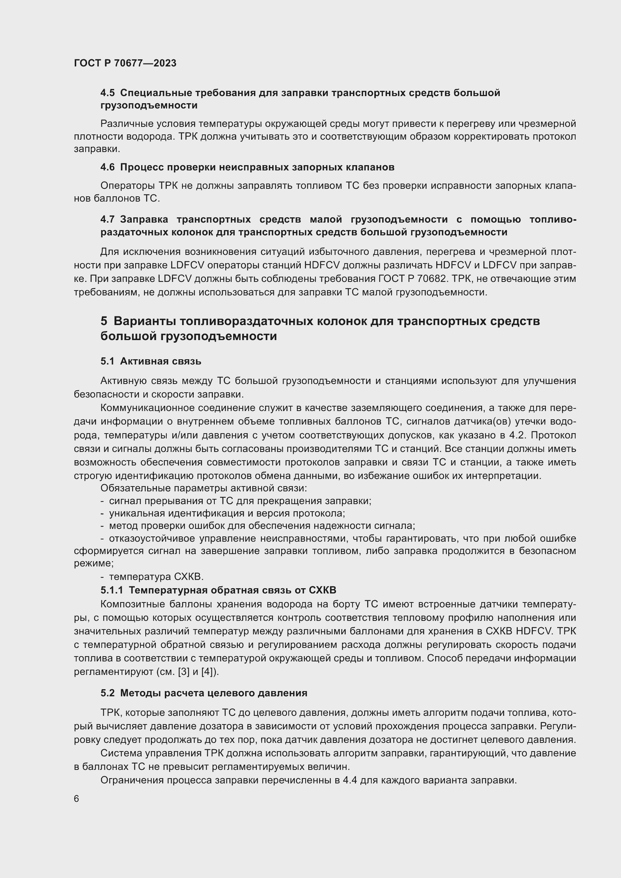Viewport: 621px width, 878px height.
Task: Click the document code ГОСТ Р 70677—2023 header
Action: click(125, 63)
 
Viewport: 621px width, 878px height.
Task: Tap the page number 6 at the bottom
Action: click(77, 798)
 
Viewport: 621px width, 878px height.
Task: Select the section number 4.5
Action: click(107, 93)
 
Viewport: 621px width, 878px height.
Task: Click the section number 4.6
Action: click(107, 167)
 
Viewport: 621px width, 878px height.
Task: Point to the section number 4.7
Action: click(107, 220)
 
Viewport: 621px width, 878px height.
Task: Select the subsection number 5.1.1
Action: click(112, 590)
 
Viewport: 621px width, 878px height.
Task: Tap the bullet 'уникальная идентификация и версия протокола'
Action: click(227, 513)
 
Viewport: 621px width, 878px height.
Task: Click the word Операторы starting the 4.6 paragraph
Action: click(127, 186)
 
